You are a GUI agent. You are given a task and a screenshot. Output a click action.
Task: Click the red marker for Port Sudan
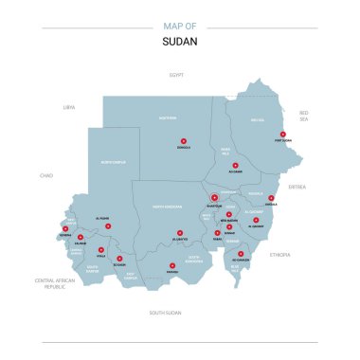[x=282, y=134]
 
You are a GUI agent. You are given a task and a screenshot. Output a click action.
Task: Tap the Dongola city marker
[x=183, y=141]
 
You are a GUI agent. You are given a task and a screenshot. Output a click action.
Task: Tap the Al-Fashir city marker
[x=108, y=225]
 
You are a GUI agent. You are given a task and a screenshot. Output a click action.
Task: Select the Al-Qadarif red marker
[x=256, y=221]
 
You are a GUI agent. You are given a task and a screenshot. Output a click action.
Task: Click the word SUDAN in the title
[x=179, y=42]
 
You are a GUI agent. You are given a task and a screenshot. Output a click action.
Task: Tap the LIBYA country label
[x=68, y=107]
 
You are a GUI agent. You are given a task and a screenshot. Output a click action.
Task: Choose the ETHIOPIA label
[x=280, y=255]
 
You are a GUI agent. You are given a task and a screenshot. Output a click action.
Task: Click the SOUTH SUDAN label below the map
[x=166, y=312]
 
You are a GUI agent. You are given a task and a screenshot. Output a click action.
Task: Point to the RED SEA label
[x=305, y=116]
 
